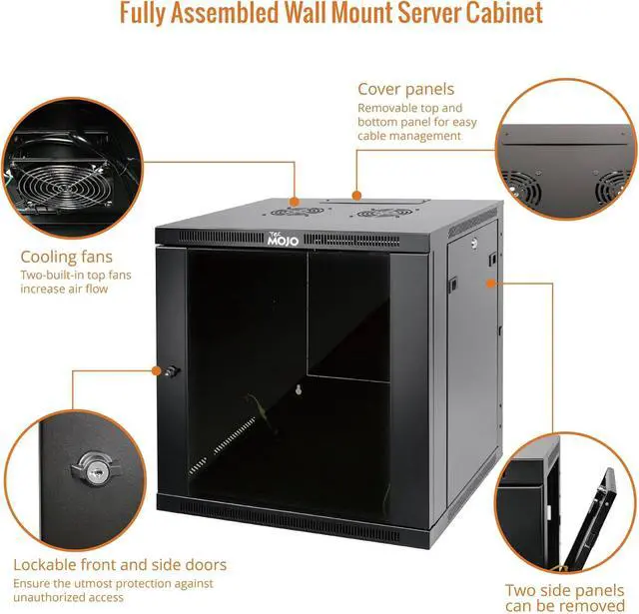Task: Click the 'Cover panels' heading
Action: (x=405, y=89)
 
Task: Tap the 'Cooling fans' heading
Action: (x=67, y=257)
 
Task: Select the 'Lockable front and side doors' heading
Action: (x=120, y=564)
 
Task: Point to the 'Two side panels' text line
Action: (x=565, y=590)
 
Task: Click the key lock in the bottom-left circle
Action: (x=84, y=467)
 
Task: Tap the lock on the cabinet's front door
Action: (x=171, y=371)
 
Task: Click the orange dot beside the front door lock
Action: (x=156, y=370)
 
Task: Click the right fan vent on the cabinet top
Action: (x=378, y=213)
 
